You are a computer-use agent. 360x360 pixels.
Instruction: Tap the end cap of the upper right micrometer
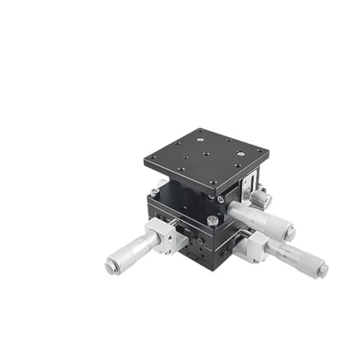tap(289, 233)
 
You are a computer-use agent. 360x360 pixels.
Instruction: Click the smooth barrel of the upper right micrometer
tap(248, 213)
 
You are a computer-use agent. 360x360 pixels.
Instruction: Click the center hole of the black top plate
tap(206, 153)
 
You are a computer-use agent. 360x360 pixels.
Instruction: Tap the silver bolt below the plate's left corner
tap(155, 192)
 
